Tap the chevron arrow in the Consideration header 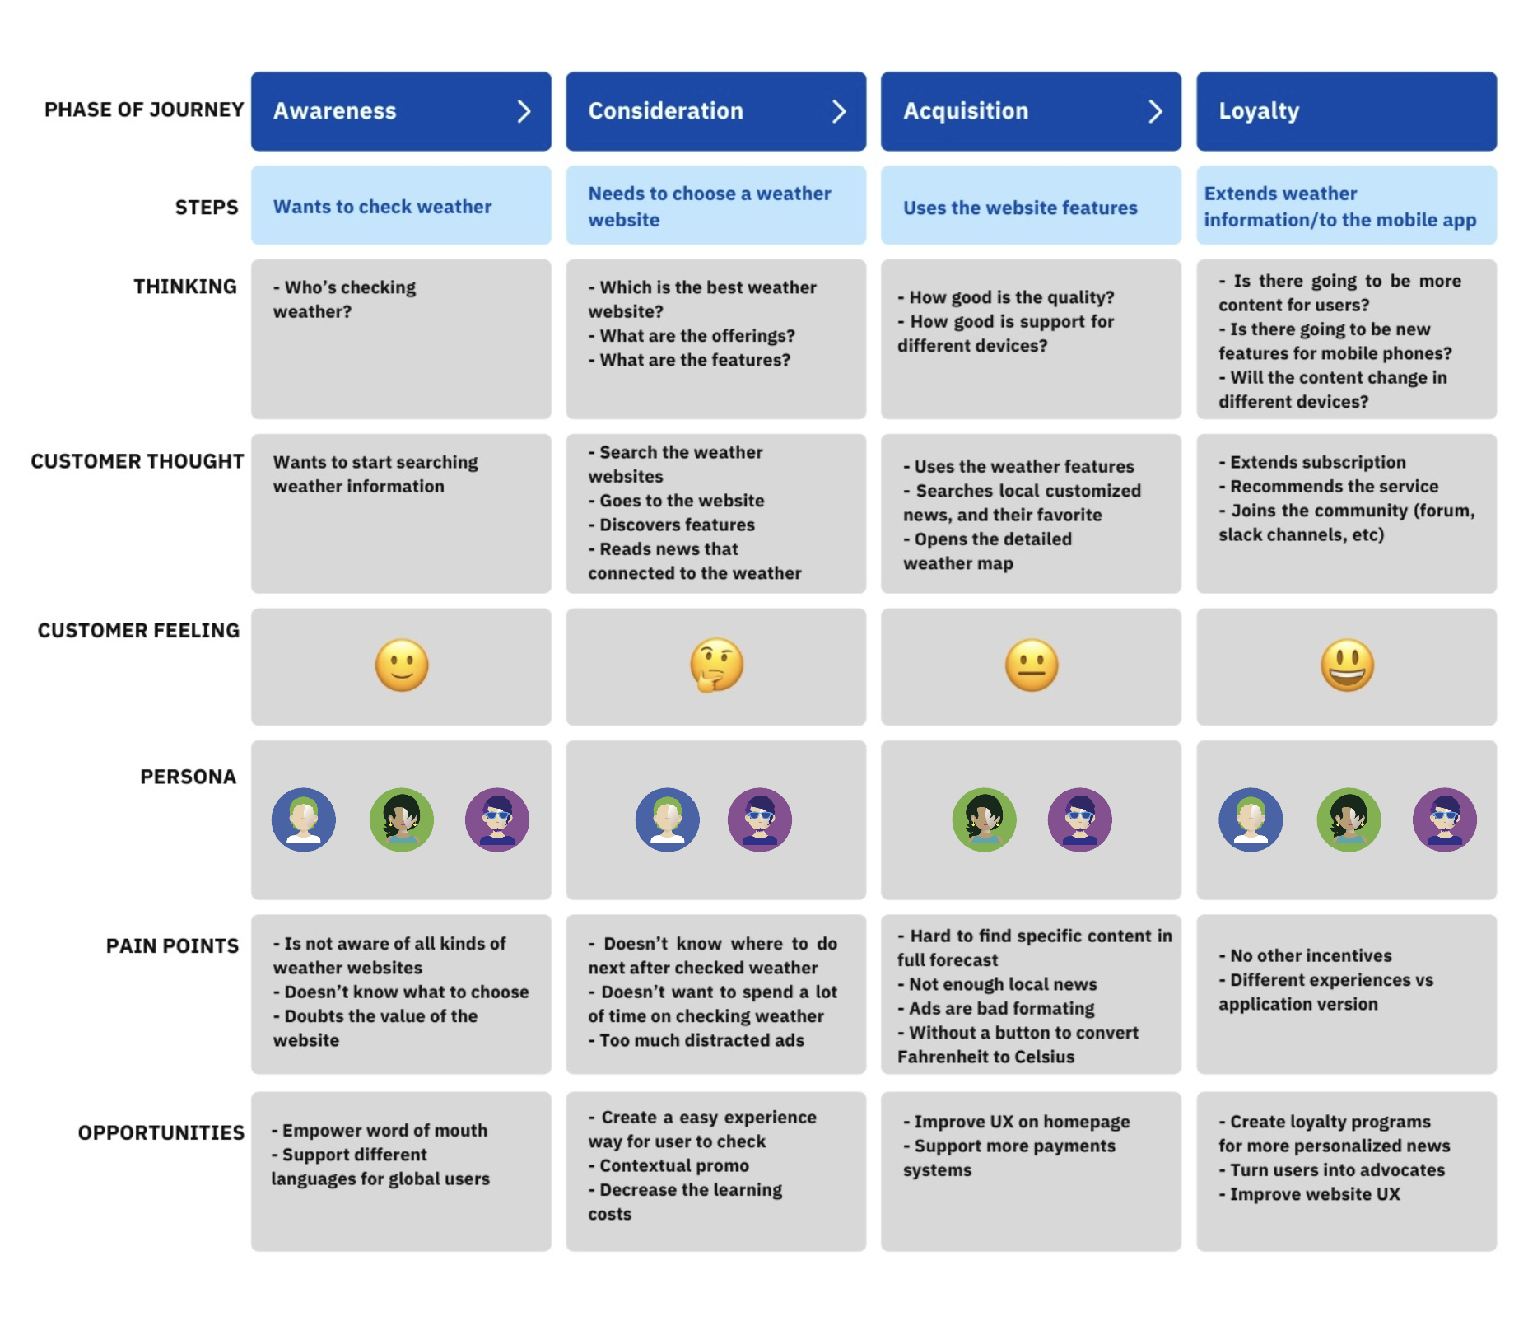tap(838, 111)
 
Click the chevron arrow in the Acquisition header tap(1155, 111)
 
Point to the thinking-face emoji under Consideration tap(716, 665)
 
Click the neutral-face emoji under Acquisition tap(1031, 665)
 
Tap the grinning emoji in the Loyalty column tap(1347, 665)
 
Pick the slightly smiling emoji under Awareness tap(402, 665)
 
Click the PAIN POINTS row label tap(172, 945)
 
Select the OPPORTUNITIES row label tap(161, 1132)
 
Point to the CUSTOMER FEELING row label tap(138, 630)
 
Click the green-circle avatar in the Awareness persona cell tap(401, 819)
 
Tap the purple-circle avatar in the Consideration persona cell tap(759, 819)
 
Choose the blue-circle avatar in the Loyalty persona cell tap(1250, 819)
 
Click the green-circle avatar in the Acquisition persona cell tap(984, 819)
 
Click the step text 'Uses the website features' tap(1020, 208)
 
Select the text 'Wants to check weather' tap(382, 207)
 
